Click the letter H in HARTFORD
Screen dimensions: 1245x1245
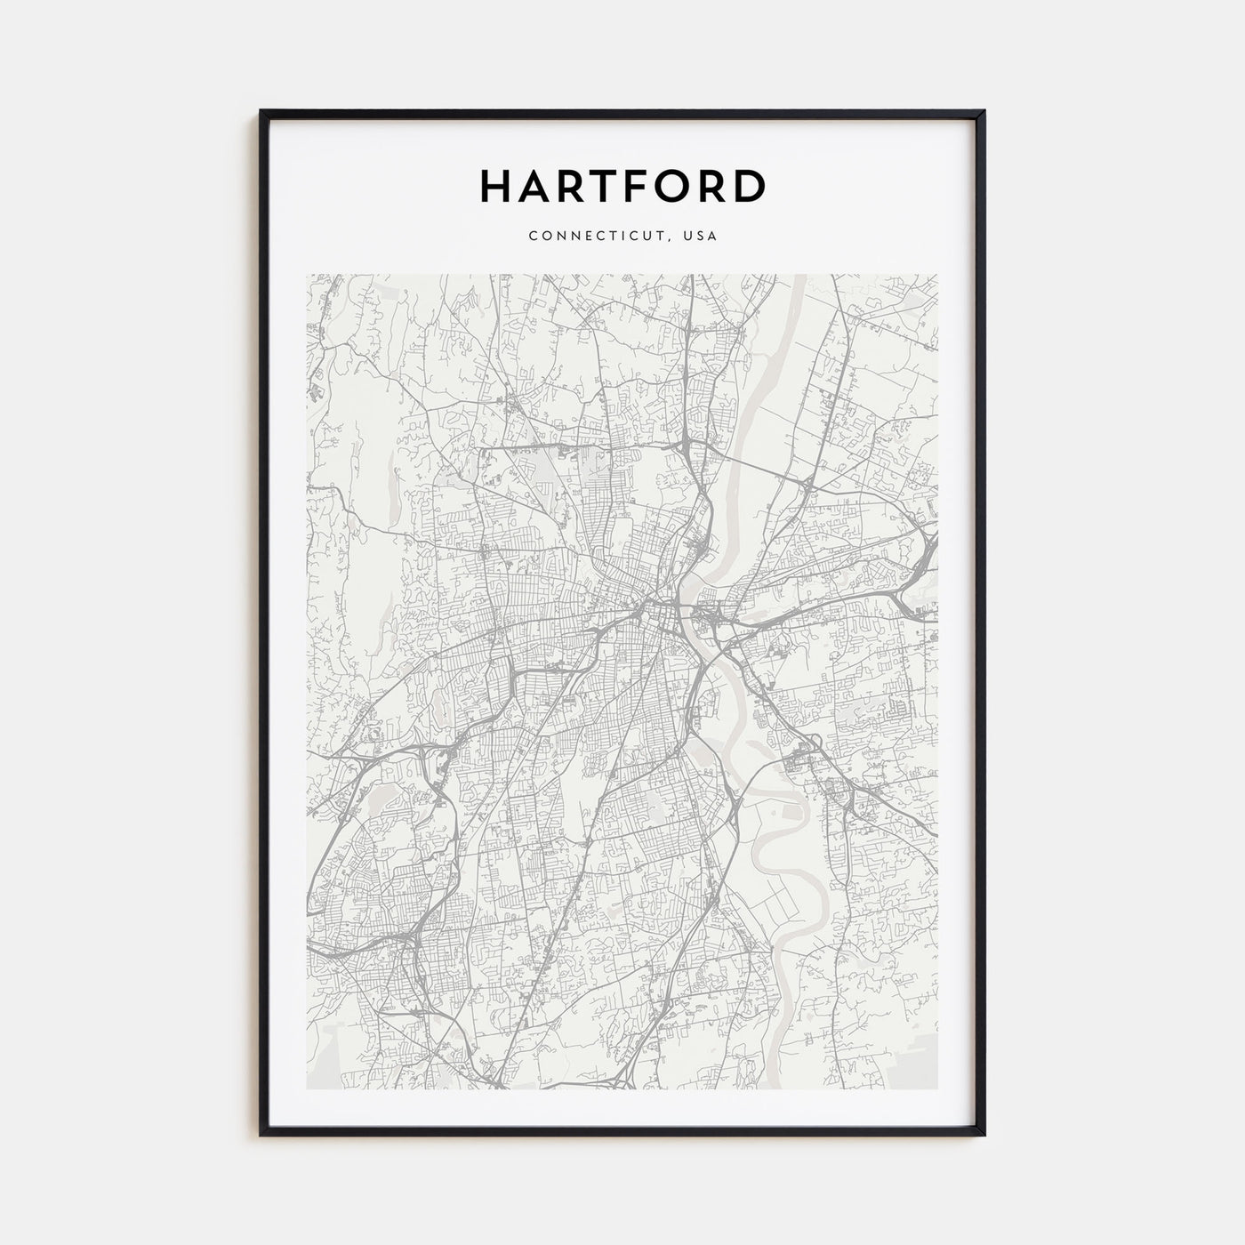[496, 186]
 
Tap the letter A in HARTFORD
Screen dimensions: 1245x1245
[534, 186]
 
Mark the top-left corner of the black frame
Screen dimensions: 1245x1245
[261, 112]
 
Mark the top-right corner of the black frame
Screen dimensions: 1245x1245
[984, 112]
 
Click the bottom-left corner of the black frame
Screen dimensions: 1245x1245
[261, 1135]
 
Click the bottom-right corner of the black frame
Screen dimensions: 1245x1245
[984, 1135]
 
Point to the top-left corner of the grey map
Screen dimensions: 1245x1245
[307, 275]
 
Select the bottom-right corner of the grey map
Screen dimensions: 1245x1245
[937, 1089]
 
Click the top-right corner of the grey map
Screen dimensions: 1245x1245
[937, 275]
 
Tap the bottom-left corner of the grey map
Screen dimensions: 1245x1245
[307, 1089]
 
